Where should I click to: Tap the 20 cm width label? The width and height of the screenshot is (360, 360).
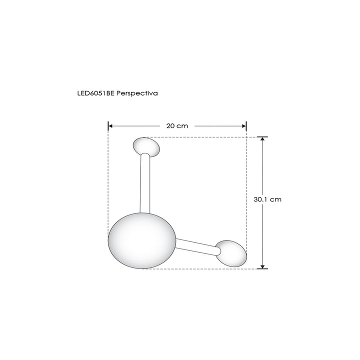(x=177, y=126)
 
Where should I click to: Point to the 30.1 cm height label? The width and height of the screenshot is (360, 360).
(x=267, y=199)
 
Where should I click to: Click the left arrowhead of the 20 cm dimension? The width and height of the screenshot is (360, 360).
(x=111, y=126)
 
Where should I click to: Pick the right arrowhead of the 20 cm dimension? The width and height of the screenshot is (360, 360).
(x=244, y=126)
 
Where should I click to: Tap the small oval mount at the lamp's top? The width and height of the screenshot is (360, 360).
(x=146, y=146)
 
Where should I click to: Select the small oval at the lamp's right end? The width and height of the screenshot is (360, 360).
(x=231, y=253)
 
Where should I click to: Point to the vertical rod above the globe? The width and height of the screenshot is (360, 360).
(x=145, y=182)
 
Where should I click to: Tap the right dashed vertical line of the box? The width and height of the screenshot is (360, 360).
(x=246, y=190)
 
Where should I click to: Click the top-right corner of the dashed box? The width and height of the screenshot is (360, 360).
(x=246, y=136)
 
